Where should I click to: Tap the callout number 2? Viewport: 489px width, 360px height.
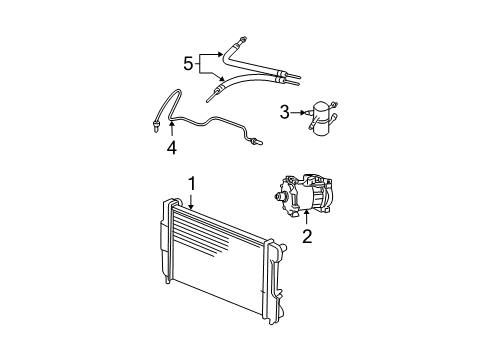[307, 237]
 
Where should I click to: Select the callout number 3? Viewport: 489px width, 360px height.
[285, 113]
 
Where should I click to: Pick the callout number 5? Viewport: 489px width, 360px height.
[187, 63]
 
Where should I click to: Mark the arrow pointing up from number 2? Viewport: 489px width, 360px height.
[307, 217]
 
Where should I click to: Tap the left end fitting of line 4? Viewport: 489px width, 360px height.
[156, 126]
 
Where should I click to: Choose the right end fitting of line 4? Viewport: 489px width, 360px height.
[258, 141]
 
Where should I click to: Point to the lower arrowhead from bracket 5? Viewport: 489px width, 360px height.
[225, 79]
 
